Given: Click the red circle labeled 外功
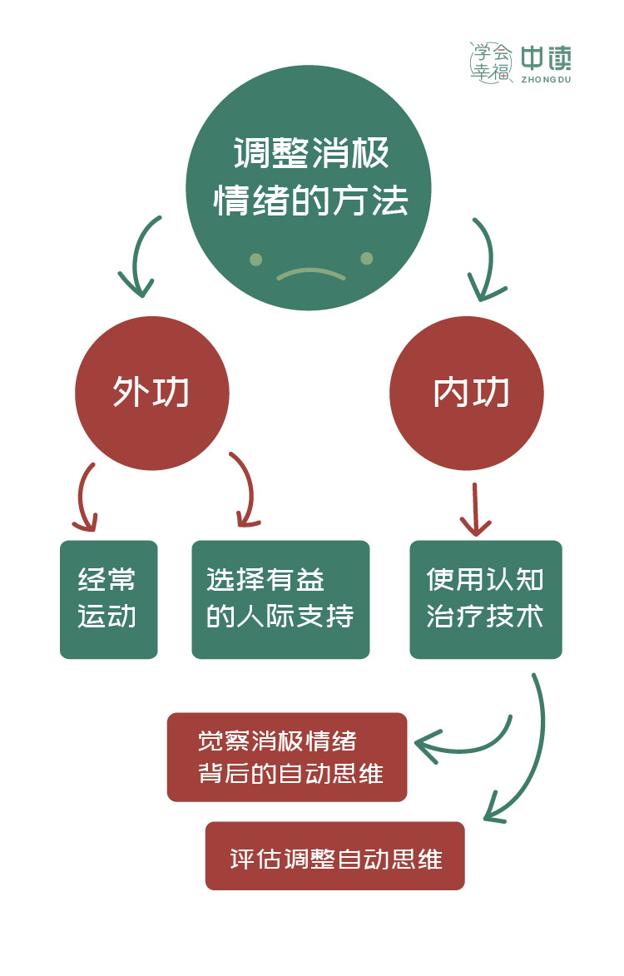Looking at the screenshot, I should coord(151,394).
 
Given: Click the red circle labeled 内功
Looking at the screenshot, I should coord(467,394).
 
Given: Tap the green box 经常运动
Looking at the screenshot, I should coord(108,599).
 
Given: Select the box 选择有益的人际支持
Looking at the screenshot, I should coord(280,599).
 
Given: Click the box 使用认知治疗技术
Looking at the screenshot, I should coord(486,599).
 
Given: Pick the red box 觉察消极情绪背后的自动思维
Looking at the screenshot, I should coord(287,756).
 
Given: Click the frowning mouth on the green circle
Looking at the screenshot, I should coord(310,273).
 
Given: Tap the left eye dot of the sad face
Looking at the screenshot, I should coord(256,259).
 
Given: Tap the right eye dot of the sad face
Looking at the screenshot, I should coord(366,259).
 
